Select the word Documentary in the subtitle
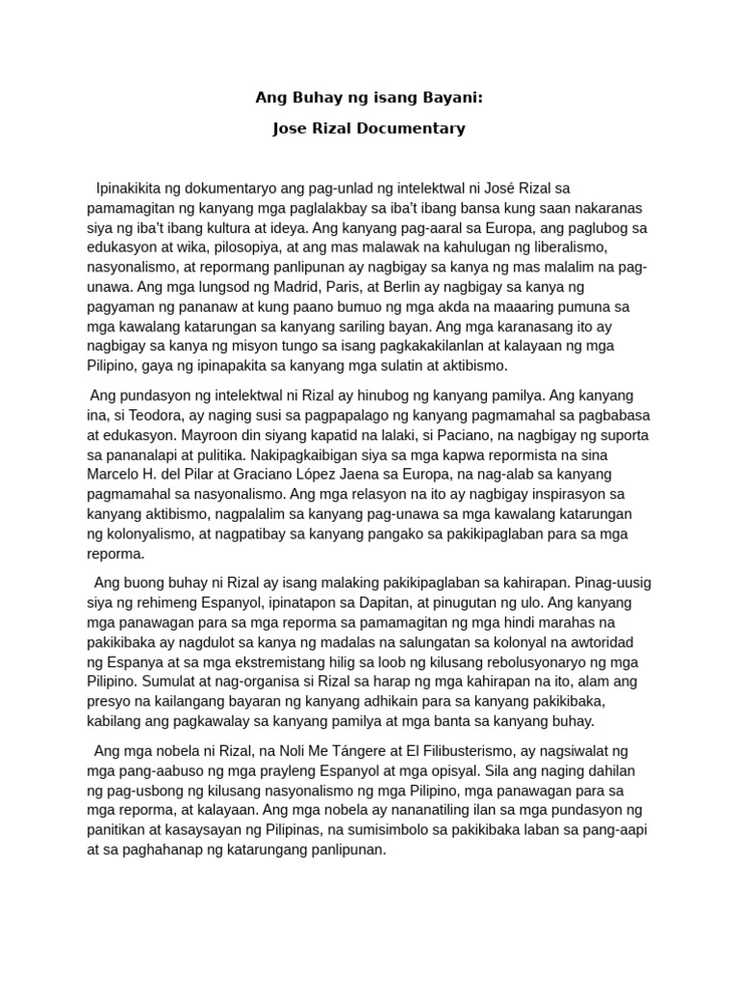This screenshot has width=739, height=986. [413, 128]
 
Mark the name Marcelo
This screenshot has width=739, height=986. [115, 475]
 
